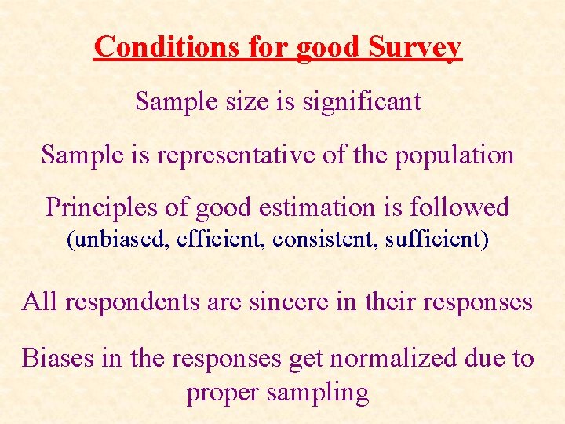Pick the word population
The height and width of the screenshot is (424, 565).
(454, 155)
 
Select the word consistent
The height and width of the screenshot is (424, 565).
(324, 239)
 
